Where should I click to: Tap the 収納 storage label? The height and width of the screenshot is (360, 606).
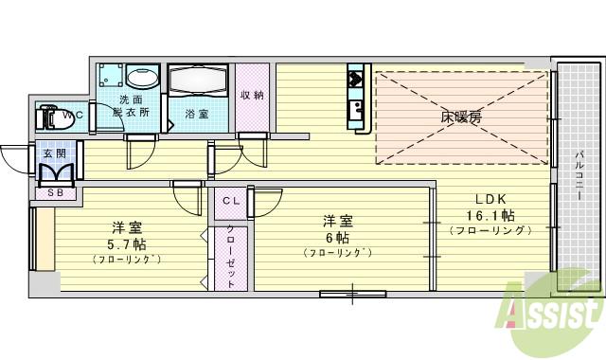click(x=251, y=95)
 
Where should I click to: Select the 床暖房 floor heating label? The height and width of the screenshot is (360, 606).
click(x=460, y=117)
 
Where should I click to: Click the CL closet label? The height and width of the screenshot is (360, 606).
click(x=230, y=201)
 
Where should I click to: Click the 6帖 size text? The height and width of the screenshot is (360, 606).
click(x=338, y=238)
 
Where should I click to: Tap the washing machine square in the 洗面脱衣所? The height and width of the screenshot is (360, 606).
click(x=110, y=76)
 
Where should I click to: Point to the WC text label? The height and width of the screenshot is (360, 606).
click(x=73, y=116)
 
